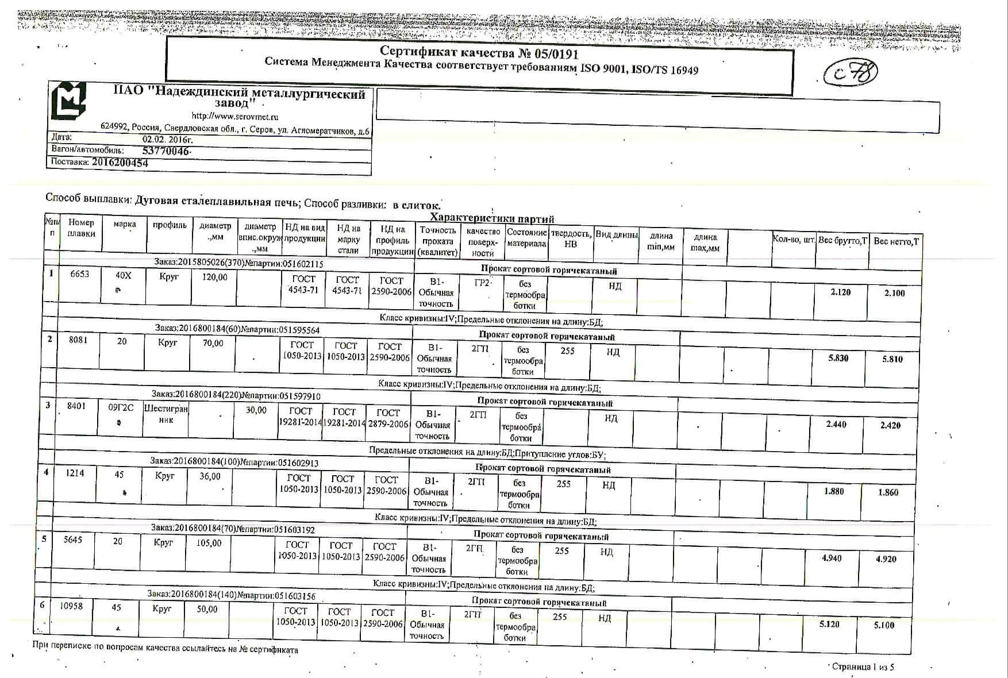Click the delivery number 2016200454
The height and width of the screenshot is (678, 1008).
(x=120, y=163)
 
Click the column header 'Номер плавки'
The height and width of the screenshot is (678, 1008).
(x=81, y=228)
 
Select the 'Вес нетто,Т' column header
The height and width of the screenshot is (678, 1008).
(x=895, y=241)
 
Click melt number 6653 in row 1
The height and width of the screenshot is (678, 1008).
(x=79, y=274)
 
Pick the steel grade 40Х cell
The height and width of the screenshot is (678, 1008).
(x=123, y=276)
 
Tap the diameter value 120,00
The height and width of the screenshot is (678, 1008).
(x=214, y=277)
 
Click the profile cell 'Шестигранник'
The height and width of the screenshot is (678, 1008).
(x=166, y=414)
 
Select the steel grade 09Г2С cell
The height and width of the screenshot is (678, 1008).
(x=121, y=407)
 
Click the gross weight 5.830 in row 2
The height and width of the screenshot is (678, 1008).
(x=838, y=358)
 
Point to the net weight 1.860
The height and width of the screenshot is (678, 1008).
(x=888, y=492)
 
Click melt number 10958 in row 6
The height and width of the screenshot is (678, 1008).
(x=71, y=606)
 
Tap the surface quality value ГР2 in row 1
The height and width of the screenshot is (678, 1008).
(x=482, y=283)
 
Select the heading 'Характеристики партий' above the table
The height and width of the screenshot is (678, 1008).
(x=492, y=219)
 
